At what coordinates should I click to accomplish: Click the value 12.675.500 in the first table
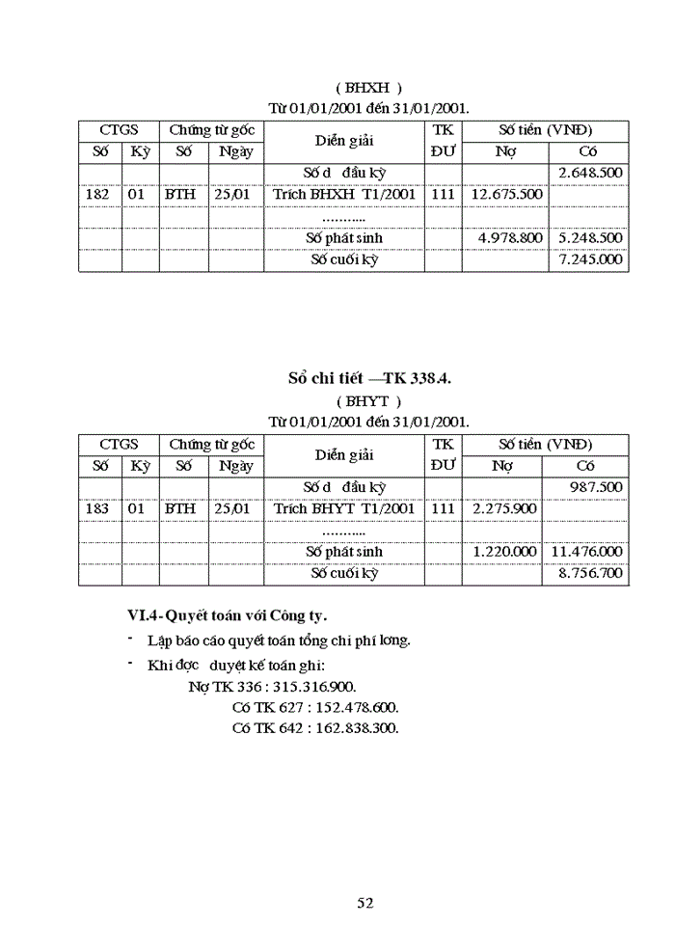click(x=506, y=195)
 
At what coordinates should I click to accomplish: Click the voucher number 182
click(x=99, y=195)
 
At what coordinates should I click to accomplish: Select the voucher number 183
click(x=99, y=508)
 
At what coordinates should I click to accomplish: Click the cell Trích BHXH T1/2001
click(x=344, y=195)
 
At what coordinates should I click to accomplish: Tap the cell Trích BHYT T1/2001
click(x=344, y=508)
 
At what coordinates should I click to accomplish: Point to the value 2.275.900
click(x=504, y=508)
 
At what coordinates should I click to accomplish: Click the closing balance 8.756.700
click(x=590, y=573)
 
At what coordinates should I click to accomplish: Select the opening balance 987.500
click(x=596, y=487)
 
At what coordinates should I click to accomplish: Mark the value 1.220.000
click(x=504, y=552)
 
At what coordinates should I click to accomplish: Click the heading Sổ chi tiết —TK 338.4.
click(x=369, y=378)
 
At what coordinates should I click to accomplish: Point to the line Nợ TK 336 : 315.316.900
click(x=272, y=687)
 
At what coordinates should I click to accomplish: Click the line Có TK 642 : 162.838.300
click(x=315, y=728)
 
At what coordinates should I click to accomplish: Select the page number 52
click(x=365, y=903)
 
